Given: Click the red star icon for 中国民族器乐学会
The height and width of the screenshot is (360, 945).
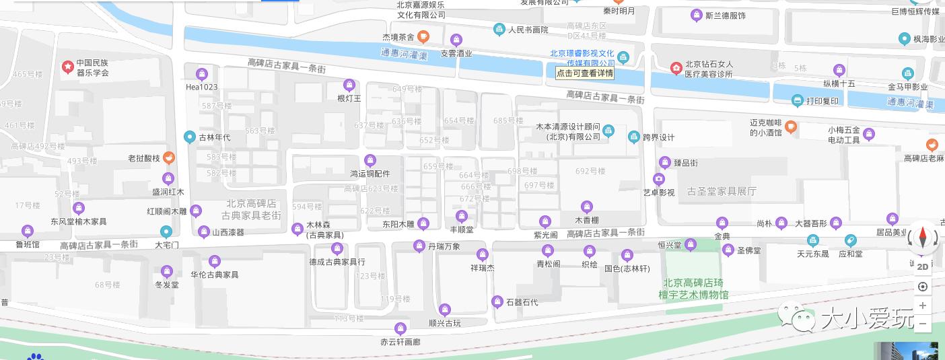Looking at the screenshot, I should [x=68, y=67].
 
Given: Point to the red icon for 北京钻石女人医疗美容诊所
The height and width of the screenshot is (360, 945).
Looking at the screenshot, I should [x=676, y=68].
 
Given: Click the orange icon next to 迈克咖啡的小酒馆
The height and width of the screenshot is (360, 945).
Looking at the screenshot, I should [x=791, y=126].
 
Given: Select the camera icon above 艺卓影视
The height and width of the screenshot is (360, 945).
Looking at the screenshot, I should [x=659, y=179].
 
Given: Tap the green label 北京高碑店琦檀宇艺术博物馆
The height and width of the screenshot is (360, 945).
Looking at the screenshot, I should [x=695, y=289].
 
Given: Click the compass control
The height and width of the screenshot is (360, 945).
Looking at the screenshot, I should [x=922, y=238].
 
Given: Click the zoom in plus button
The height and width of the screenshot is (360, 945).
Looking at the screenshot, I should [x=923, y=305].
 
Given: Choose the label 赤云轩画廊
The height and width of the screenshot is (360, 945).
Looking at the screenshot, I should [x=400, y=342].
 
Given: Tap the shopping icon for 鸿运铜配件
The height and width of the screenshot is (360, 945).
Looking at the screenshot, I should [x=370, y=160].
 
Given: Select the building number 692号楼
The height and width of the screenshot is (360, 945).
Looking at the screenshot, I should [x=591, y=171].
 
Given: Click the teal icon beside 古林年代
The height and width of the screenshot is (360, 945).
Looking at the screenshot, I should [x=190, y=137].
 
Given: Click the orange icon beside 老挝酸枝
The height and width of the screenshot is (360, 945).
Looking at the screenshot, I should [x=169, y=158].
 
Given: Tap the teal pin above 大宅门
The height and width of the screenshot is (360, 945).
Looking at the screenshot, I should [x=166, y=232].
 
